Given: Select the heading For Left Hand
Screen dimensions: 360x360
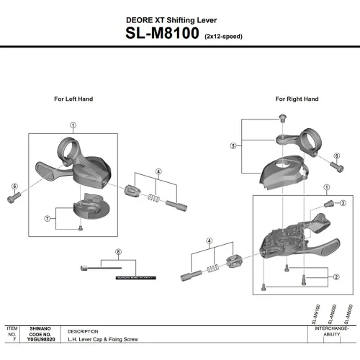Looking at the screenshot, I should (73, 99).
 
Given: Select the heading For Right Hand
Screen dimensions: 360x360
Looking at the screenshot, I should (297, 99).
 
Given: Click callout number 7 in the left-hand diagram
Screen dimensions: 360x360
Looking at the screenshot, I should (47, 218).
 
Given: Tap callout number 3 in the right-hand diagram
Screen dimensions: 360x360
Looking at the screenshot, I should (343, 204).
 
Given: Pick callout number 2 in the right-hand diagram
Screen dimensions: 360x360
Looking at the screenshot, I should (336, 276).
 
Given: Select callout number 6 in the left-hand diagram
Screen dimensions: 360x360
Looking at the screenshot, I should (14, 186).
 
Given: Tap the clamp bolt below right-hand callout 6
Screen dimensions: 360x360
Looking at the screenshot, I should (336, 167).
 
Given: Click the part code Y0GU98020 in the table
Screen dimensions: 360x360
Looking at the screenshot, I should (40, 339).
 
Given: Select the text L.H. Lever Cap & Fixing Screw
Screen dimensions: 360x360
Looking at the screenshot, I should (100, 339).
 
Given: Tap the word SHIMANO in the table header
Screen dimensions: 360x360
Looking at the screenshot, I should (40, 328).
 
